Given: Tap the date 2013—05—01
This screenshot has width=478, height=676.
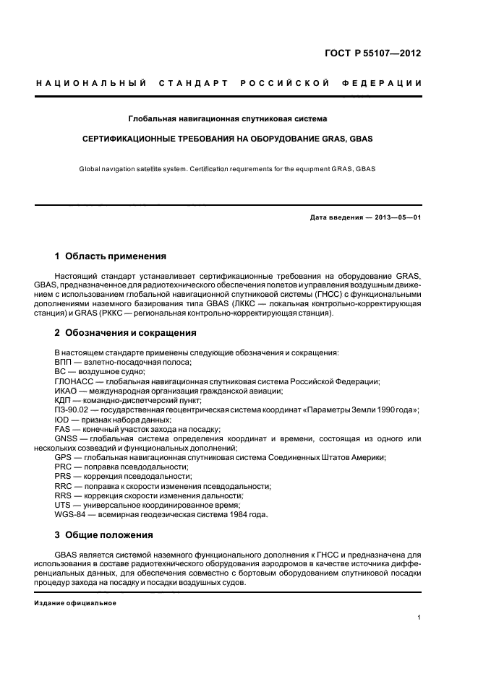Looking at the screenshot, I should coord(398,217).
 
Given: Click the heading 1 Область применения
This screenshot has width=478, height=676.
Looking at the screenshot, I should coord(111,256).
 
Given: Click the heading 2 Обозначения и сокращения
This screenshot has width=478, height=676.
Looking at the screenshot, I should coord(125,333).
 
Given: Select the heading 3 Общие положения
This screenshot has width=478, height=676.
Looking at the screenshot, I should coord(104,535).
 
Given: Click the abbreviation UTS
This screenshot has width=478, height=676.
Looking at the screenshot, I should coord(63,505).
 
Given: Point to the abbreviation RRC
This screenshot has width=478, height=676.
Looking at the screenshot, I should coord(64,486).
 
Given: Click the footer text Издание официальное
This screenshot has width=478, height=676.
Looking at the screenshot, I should coord(75,603).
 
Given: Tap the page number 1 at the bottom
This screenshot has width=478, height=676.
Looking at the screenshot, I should coord(419,617).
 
